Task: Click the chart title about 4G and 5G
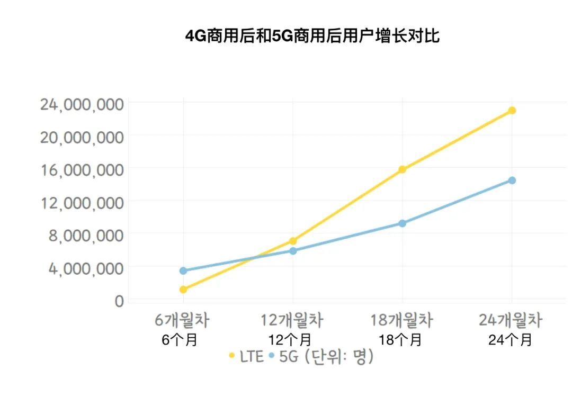click(312, 36)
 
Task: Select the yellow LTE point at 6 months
click(183, 290)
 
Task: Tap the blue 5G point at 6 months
click(183, 270)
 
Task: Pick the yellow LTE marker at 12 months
click(293, 241)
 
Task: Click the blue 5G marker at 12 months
click(293, 250)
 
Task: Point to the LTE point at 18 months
click(403, 169)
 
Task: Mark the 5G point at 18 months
click(403, 223)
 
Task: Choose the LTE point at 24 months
click(512, 110)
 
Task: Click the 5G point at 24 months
click(512, 181)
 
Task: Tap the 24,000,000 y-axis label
click(82, 103)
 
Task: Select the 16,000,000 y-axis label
click(82, 169)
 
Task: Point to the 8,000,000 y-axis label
click(86, 235)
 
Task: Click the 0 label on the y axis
click(119, 301)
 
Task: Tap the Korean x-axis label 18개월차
click(402, 321)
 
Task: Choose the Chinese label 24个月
click(511, 340)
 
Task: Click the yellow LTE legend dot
click(231, 356)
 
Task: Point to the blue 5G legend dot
click(272, 356)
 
